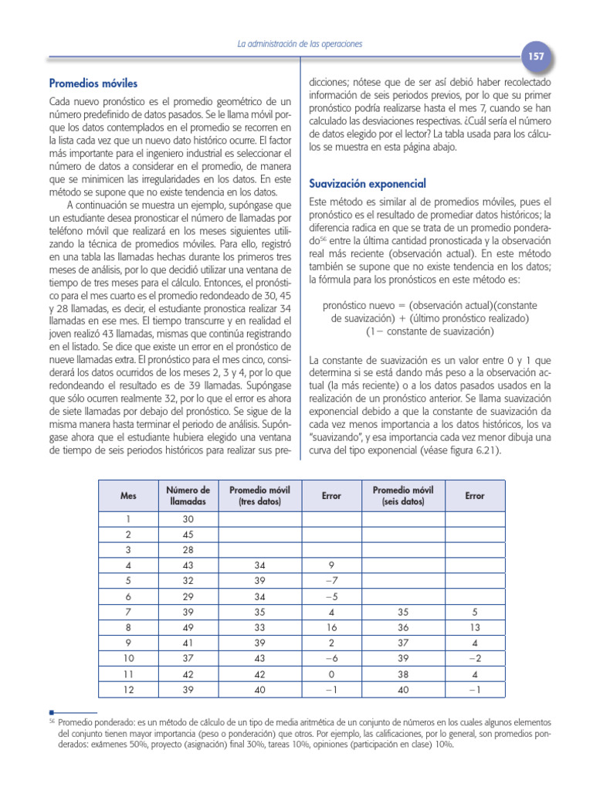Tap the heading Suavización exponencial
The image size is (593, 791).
click(368, 184)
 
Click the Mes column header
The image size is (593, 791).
click(128, 496)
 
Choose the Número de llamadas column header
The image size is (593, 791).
click(188, 496)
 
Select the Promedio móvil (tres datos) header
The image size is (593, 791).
click(259, 496)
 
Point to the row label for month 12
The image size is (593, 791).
click(128, 691)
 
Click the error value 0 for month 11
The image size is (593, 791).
click(331, 674)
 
